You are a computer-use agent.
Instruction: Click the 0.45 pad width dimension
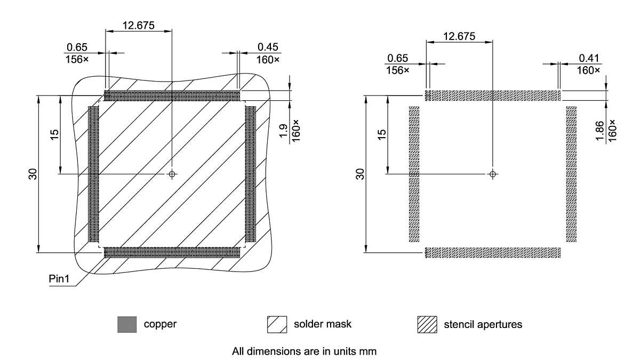tap(268, 48)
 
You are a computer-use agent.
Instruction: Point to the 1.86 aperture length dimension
tap(599, 131)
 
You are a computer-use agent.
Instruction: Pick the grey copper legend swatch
tap(127, 324)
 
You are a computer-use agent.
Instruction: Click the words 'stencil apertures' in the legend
tap(483, 324)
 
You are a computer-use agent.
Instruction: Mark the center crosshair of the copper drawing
tap(172, 174)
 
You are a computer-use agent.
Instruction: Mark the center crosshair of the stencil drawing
tap(493, 174)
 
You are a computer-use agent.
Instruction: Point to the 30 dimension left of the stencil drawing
tap(361, 174)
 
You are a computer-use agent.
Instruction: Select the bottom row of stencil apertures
tap(493, 252)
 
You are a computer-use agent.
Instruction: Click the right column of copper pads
tap(251, 174)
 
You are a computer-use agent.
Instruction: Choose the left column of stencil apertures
tap(414, 174)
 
